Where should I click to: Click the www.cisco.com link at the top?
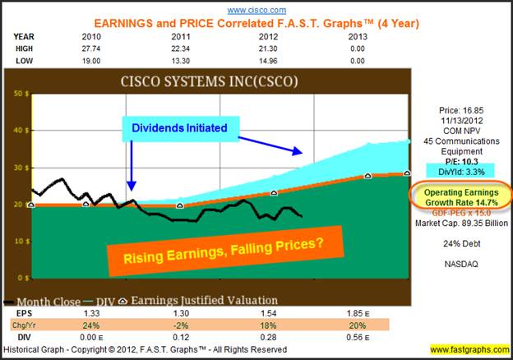tap(256, 10)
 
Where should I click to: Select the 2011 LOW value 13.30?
tap(178, 60)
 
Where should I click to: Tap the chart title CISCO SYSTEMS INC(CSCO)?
tap(209, 81)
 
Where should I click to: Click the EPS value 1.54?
tap(269, 315)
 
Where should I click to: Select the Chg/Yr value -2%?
tap(178, 325)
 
